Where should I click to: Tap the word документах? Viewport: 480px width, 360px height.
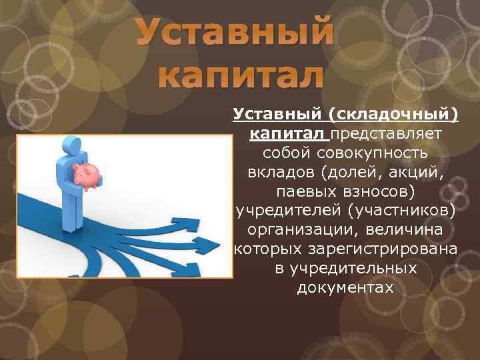pyautogui.click(x=345, y=288)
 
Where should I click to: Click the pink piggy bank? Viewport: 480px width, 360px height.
pyautogui.click(x=87, y=176)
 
